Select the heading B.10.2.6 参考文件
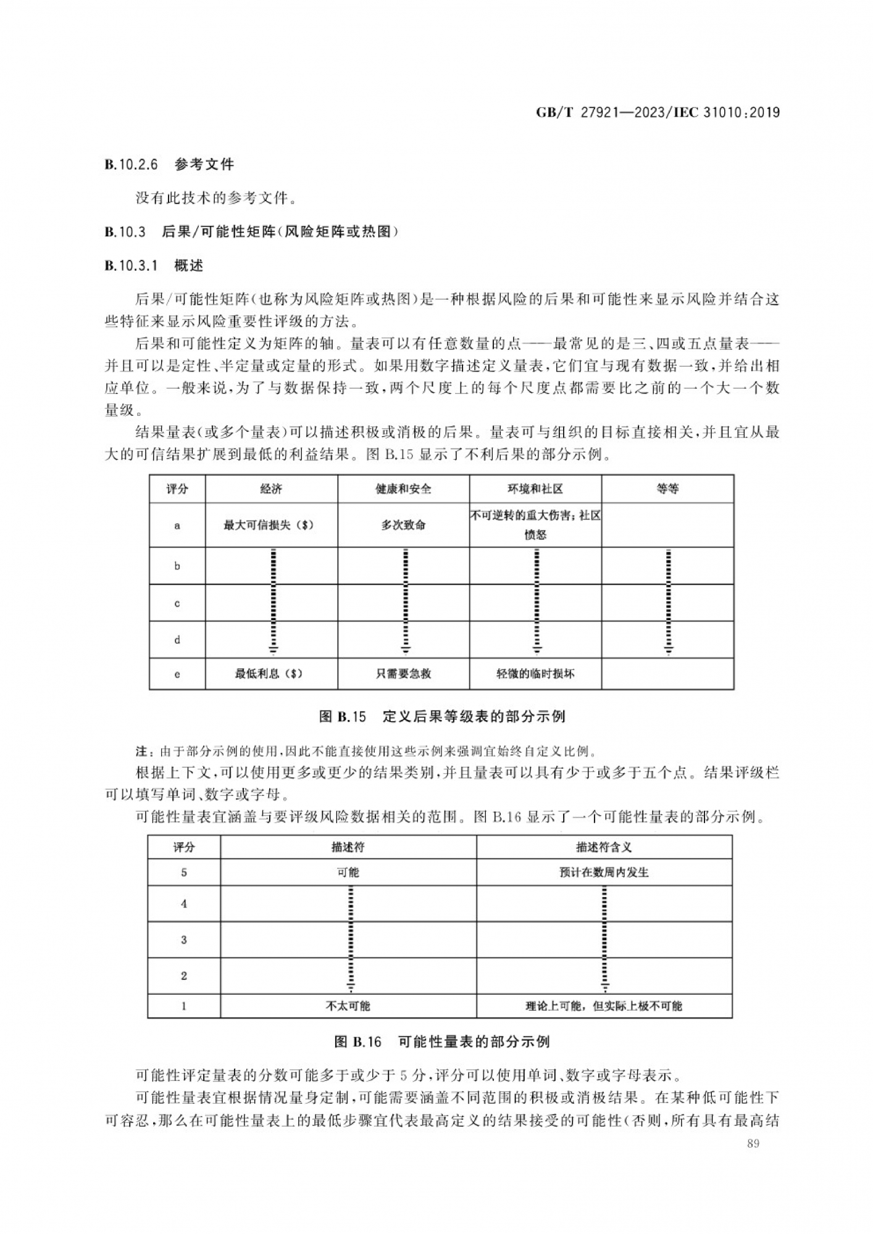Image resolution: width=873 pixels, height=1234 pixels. pyautogui.click(x=169, y=165)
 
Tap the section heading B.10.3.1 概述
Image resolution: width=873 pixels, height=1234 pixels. pyautogui.click(x=154, y=266)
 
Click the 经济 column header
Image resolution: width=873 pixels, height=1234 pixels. pyautogui.click(x=271, y=489)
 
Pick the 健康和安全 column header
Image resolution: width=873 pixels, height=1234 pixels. pyautogui.click(x=403, y=489)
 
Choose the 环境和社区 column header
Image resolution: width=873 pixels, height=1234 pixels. pyautogui.click(x=535, y=489)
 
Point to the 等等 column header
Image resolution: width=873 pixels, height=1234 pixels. pyautogui.click(x=667, y=489)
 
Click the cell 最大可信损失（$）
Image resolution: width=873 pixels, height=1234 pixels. pyautogui.click(x=269, y=525)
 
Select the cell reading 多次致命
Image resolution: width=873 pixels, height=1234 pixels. pyautogui.click(x=403, y=525)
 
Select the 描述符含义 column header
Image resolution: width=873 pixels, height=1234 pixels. pyautogui.click(x=604, y=847)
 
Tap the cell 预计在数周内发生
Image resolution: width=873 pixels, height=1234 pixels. pyautogui.click(x=604, y=872)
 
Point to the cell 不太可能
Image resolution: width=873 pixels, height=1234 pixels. pyautogui.click(x=348, y=1006)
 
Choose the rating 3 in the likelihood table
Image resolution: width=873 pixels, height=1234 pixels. pyautogui.click(x=184, y=940)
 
